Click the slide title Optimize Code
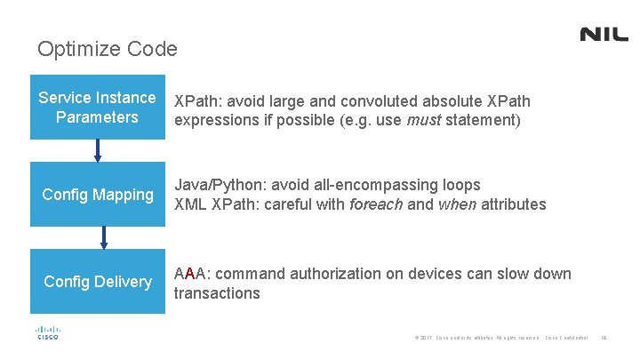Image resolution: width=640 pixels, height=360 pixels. pyautogui.click(x=108, y=49)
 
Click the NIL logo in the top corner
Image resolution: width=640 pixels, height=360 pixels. pyautogui.click(x=604, y=35)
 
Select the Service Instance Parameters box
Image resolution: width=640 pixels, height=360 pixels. pyautogui.click(x=97, y=108)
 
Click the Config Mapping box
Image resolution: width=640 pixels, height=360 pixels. pyautogui.click(x=98, y=194)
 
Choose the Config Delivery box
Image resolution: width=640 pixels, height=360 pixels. pyautogui.click(x=98, y=282)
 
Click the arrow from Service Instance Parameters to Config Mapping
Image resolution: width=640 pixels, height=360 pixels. pyautogui.click(x=98, y=151)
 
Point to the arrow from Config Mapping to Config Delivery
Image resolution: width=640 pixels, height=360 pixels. pyautogui.click(x=104, y=237)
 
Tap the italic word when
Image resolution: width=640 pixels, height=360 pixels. pyautogui.click(x=458, y=204)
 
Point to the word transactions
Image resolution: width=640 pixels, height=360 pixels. pyautogui.click(x=217, y=293)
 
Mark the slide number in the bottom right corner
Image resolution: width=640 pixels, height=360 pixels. pyautogui.click(x=604, y=338)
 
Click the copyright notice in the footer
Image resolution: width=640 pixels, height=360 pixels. pyautogui.click(x=476, y=338)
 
